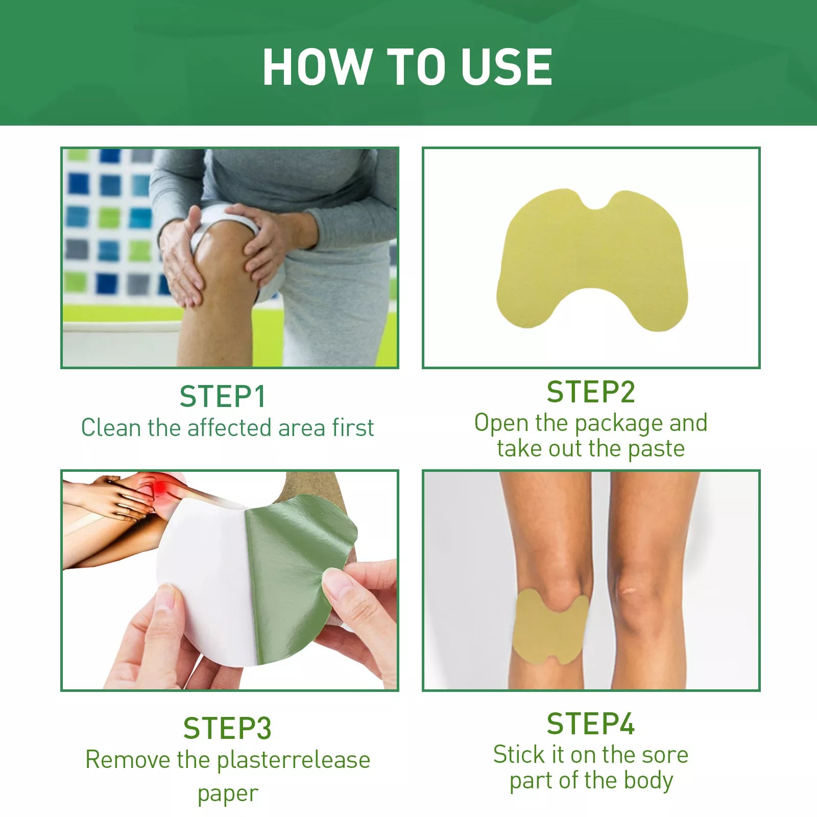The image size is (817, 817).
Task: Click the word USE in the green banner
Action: point(507,66)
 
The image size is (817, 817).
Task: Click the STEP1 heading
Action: point(223,397)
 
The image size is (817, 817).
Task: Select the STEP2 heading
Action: point(591,392)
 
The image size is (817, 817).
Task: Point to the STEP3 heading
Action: point(227,728)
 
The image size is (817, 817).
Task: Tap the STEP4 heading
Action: point(591,724)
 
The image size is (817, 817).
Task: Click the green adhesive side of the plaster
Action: point(296,577)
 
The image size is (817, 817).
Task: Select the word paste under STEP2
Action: point(656,449)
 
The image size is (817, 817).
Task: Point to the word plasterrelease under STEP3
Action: point(294,760)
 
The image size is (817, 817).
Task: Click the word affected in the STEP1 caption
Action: point(230,427)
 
